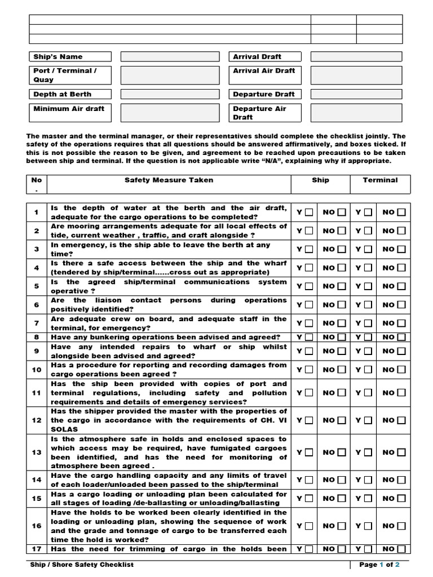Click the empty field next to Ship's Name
point(170,57)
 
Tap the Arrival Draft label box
point(265,57)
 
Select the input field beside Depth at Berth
point(170,94)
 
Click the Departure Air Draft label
point(265,113)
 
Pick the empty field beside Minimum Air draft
point(170,113)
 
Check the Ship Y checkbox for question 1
point(308,212)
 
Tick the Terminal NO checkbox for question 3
point(401,249)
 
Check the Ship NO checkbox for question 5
point(342,286)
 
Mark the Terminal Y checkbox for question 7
point(368,323)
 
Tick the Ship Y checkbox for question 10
point(308,370)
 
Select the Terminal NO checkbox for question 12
point(401,420)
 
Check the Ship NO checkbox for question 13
point(342,452)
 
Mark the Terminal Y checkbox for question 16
point(368,526)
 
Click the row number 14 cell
point(37,480)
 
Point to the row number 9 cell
point(37,351)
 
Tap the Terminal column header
point(380,180)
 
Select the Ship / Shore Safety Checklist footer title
point(82,565)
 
